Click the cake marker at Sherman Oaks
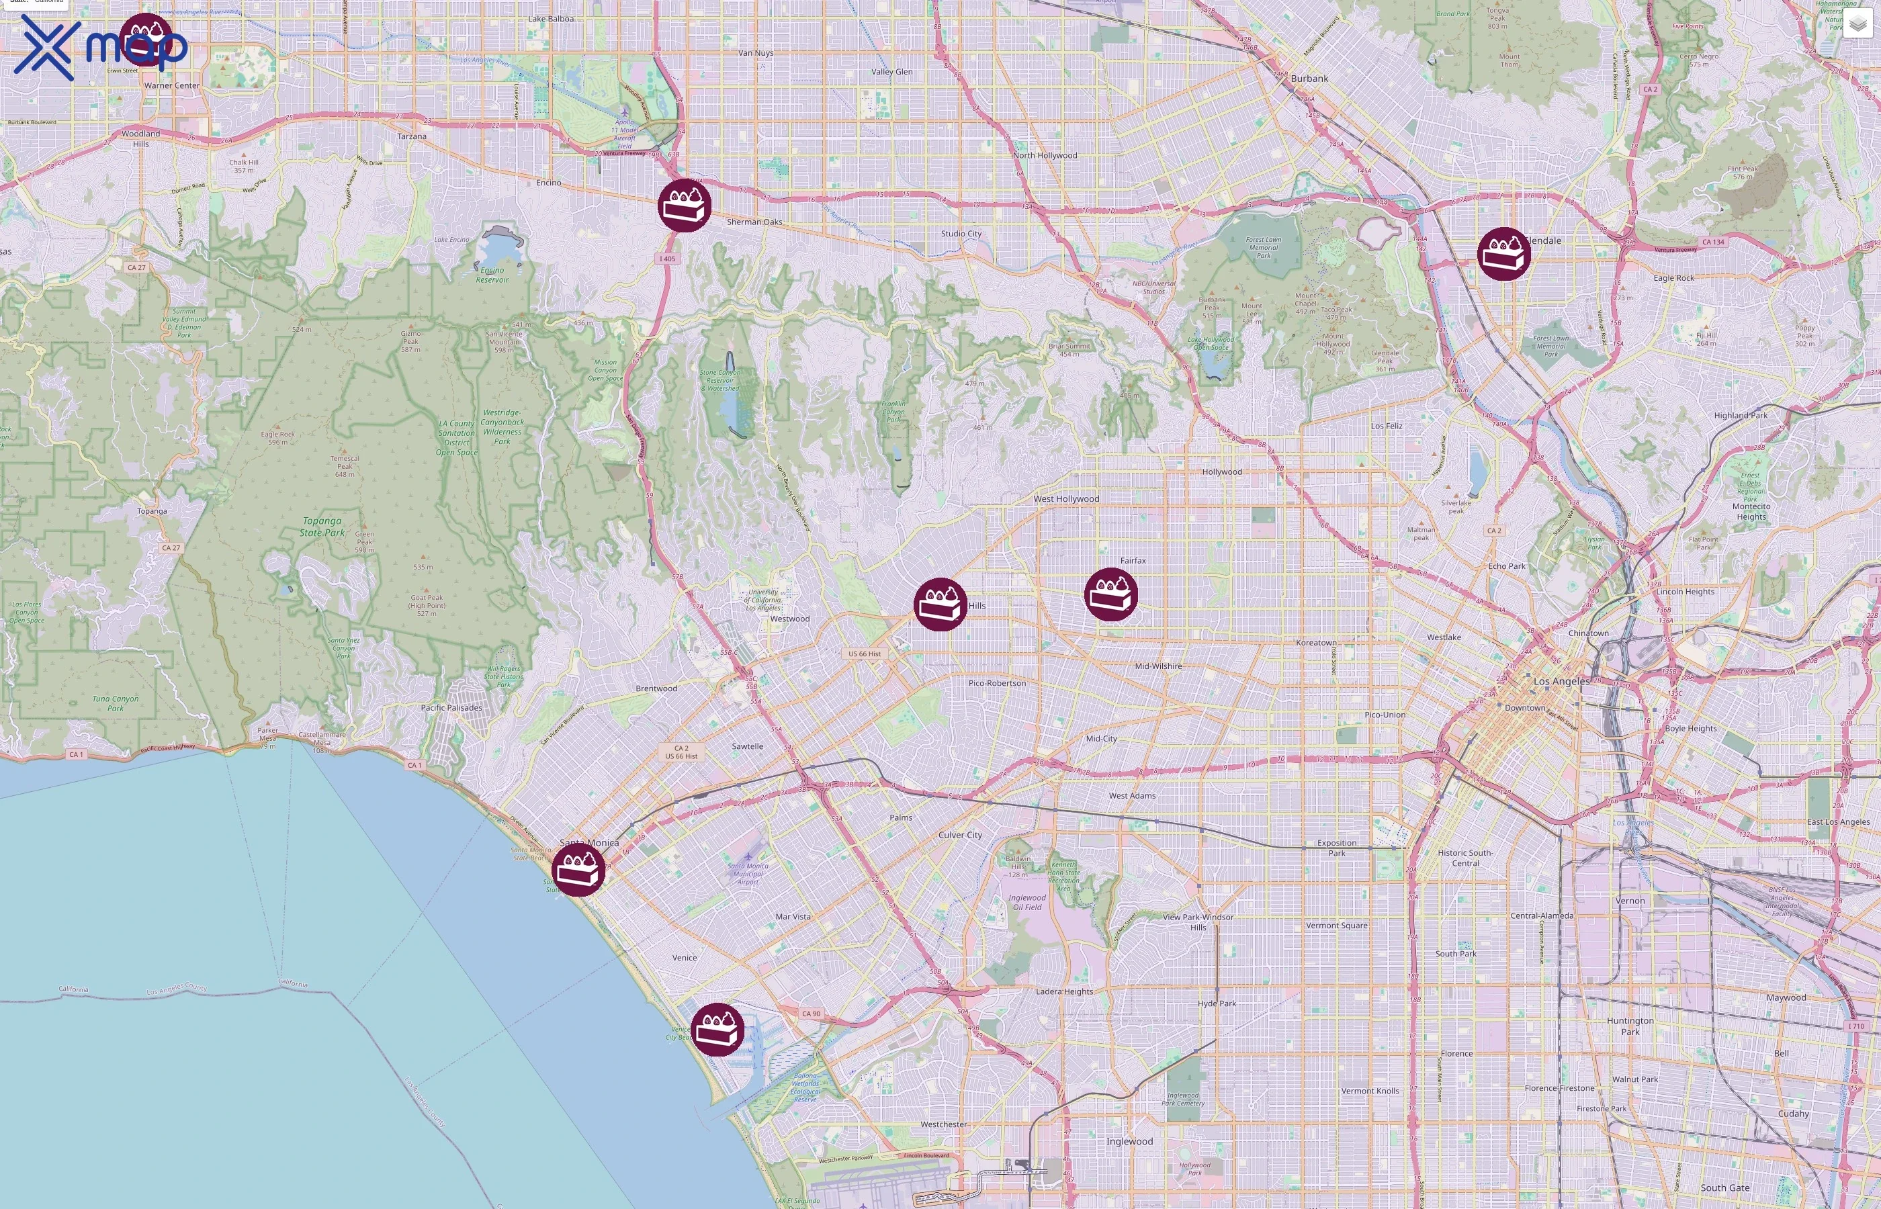(x=685, y=205)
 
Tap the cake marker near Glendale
(x=1503, y=254)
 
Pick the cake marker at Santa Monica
(x=578, y=870)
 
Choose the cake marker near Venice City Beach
(x=717, y=1029)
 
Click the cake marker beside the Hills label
(x=940, y=604)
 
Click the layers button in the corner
(x=1857, y=24)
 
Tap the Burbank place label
(x=1309, y=79)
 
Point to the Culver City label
(x=960, y=834)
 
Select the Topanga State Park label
(x=322, y=527)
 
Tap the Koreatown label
(x=1316, y=642)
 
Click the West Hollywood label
(x=1066, y=498)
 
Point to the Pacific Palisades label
(x=451, y=707)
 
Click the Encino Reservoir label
(x=492, y=275)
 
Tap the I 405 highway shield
(x=666, y=259)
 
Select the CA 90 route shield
(x=811, y=1014)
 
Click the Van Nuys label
(x=756, y=53)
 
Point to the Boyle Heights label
(x=1690, y=728)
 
